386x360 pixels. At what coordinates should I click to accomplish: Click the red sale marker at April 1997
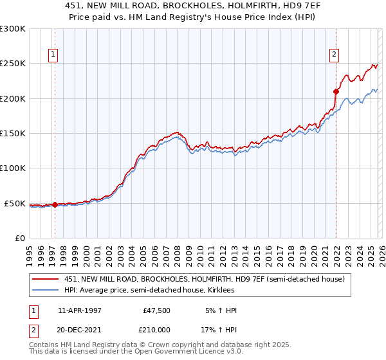pyautogui.click(x=55, y=205)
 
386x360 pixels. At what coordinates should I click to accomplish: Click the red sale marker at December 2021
pyautogui.click(x=336, y=91)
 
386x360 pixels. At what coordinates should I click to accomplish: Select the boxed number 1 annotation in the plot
pyautogui.click(x=52, y=55)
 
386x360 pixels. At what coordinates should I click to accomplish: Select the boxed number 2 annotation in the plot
pyautogui.click(x=335, y=55)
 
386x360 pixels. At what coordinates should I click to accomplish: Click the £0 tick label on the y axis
pyautogui.click(x=19, y=238)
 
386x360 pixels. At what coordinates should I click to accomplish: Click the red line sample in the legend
pyautogui.click(x=46, y=280)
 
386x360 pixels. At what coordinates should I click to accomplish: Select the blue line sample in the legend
pyautogui.click(x=46, y=291)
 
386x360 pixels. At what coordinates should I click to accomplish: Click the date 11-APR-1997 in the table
pyautogui.click(x=79, y=310)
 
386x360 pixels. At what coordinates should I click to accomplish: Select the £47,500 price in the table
pyautogui.click(x=156, y=310)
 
